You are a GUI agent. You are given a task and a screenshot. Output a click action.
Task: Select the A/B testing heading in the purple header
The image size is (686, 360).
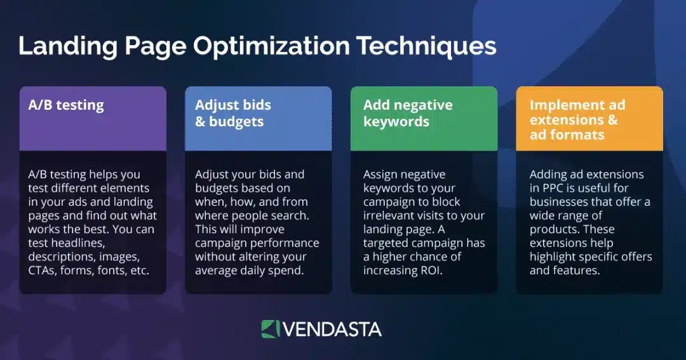(66, 105)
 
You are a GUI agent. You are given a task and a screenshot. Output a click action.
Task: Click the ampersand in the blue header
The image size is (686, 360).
(200, 121)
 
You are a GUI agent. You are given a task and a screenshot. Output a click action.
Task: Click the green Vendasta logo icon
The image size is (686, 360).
(270, 329)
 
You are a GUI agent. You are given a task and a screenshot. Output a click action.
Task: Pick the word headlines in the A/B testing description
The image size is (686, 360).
(73, 243)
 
